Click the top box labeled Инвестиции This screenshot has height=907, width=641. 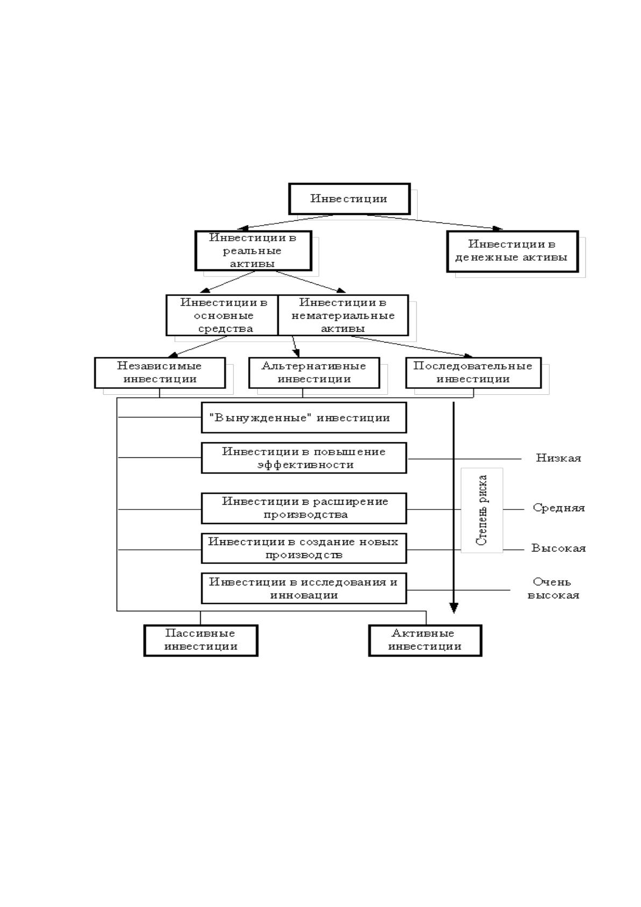tap(349, 199)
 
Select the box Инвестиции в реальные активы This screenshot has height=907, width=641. tap(253, 250)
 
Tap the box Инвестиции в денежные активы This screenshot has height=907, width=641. tap(512, 252)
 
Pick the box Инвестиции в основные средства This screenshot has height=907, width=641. tap(222, 316)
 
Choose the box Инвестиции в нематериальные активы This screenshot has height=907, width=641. tap(343, 316)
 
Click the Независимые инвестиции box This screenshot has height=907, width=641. tap(160, 373)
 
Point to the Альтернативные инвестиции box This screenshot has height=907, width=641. tap(314, 373)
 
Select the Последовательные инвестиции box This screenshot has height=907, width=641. tap(474, 373)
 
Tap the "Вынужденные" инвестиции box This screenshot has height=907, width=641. tap(304, 417)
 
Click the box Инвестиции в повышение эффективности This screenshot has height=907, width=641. tap(304, 458)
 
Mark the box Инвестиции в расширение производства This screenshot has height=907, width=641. tap(304, 508)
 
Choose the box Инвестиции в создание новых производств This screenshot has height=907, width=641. tap(304, 548)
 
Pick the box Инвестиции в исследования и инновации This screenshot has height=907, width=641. tap(304, 588)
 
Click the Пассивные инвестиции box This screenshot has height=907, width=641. tap(201, 640)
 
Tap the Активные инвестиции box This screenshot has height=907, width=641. tap(425, 640)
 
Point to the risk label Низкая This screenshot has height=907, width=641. tap(559, 458)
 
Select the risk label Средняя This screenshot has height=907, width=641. tap(559, 508)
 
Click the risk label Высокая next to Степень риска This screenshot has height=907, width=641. tap(559, 548)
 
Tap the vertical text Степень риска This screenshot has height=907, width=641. tap(482, 510)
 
